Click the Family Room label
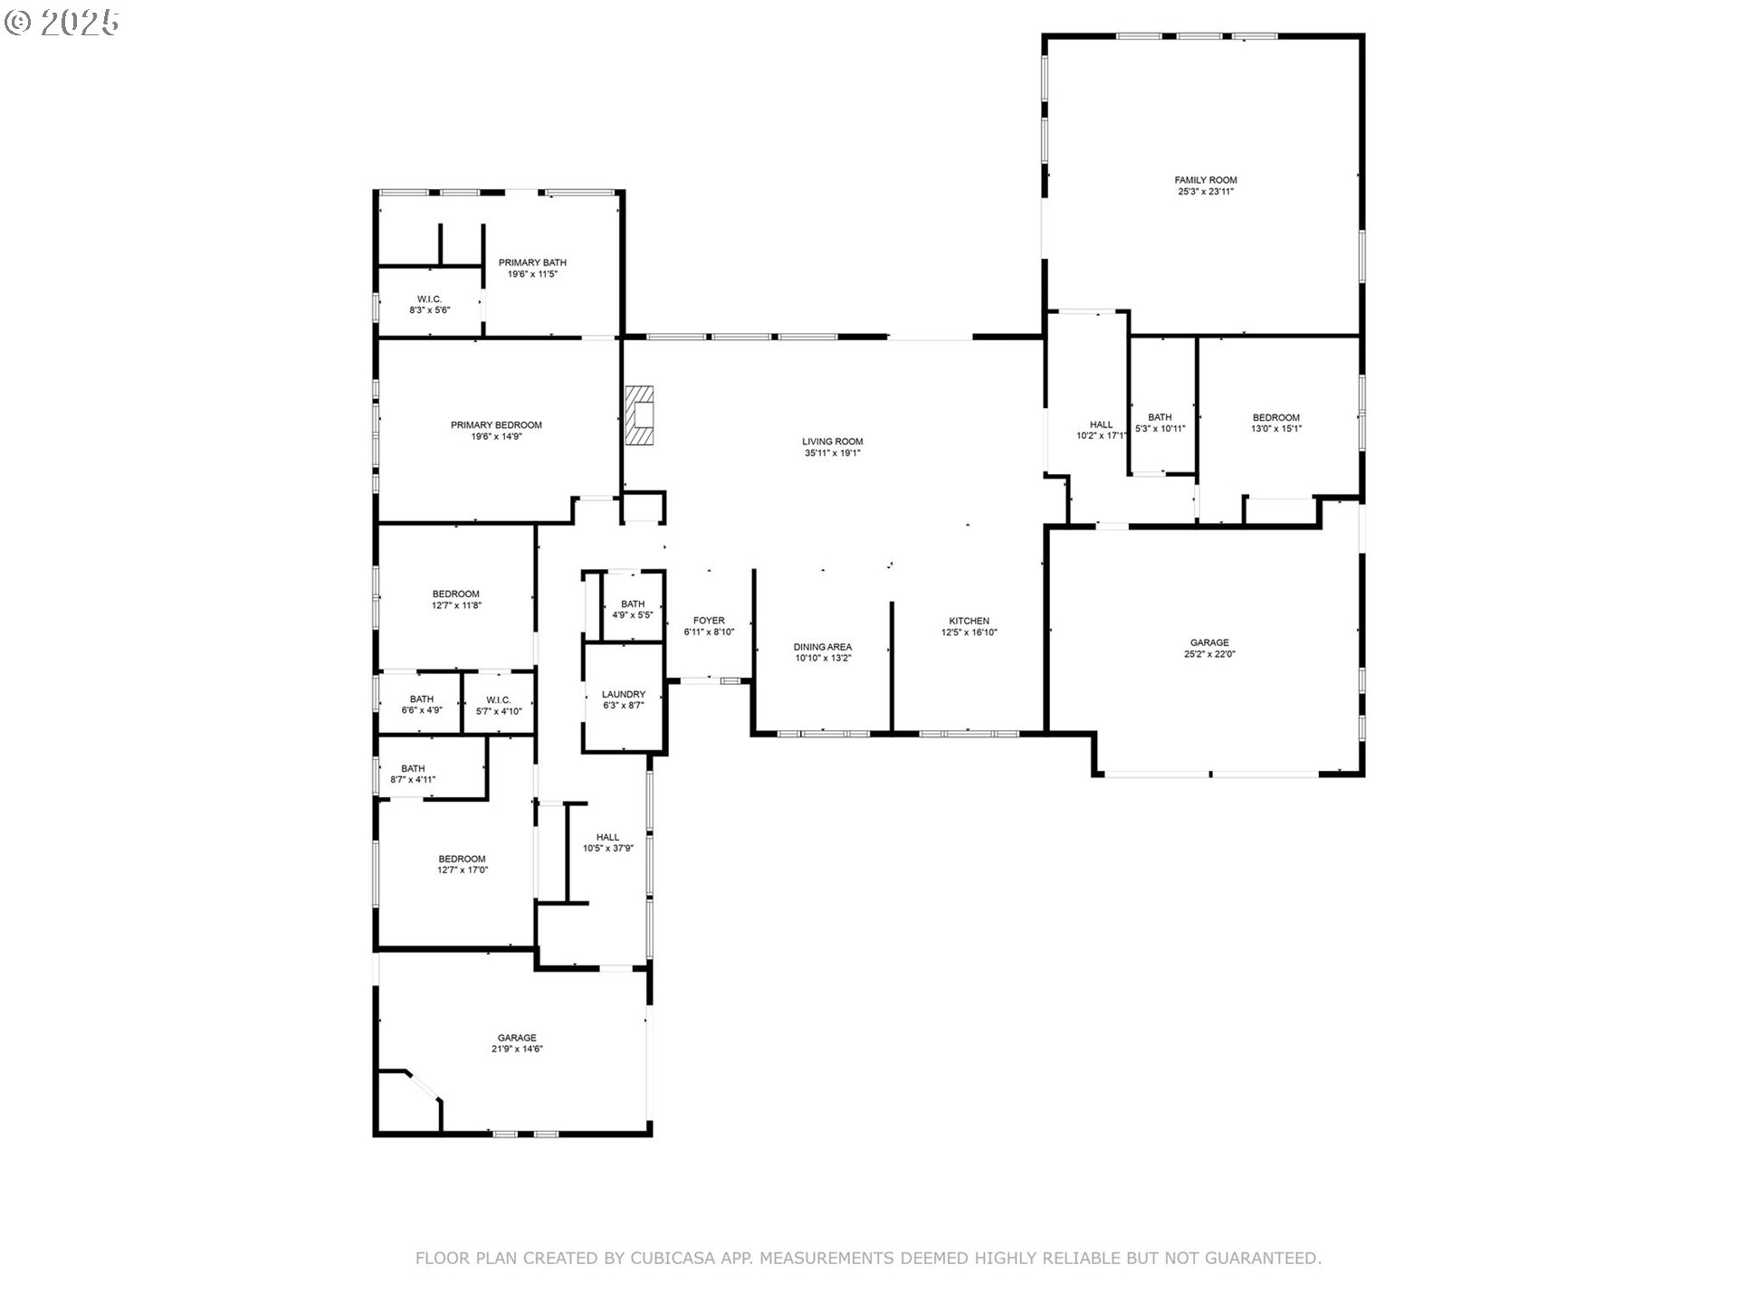tap(1206, 180)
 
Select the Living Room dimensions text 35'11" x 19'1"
tap(833, 453)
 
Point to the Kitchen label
tap(969, 621)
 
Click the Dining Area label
tap(823, 647)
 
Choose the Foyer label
tap(709, 621)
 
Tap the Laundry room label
tap(624, 694)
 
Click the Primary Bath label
tap(532, 262)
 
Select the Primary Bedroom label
tap(496, 425)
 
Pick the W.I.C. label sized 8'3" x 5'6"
tap(430, 299)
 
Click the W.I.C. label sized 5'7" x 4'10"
tap(499, 699)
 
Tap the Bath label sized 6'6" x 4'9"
tap(422, 699)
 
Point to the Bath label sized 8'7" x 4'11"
tap(413, 769)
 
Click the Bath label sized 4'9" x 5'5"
tap(633, 604)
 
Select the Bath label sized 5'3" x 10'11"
tap(1160, 418)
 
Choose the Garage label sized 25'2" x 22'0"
tap(1209, 642)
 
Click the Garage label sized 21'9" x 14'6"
tap(517, 1038)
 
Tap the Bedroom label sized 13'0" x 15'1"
tap(1276, 418)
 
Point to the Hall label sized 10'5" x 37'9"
tap(608, 837)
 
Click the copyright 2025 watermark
tap(62, 23)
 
